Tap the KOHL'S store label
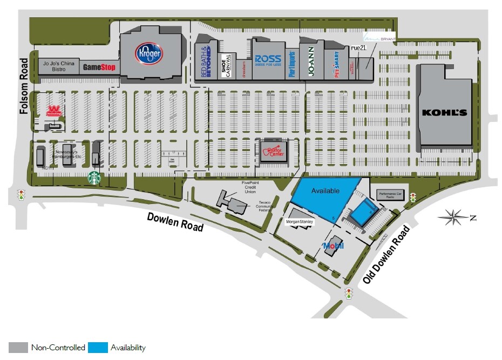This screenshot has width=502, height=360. (444, 113)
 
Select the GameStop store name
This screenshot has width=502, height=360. (99, 68)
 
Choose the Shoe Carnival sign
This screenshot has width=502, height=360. (227, 66)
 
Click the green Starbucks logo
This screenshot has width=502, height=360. (94, 177)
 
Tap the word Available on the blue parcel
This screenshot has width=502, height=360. (325, 191)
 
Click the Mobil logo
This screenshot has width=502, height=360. (332, 247)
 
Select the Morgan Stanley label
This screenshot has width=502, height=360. (299, 222)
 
